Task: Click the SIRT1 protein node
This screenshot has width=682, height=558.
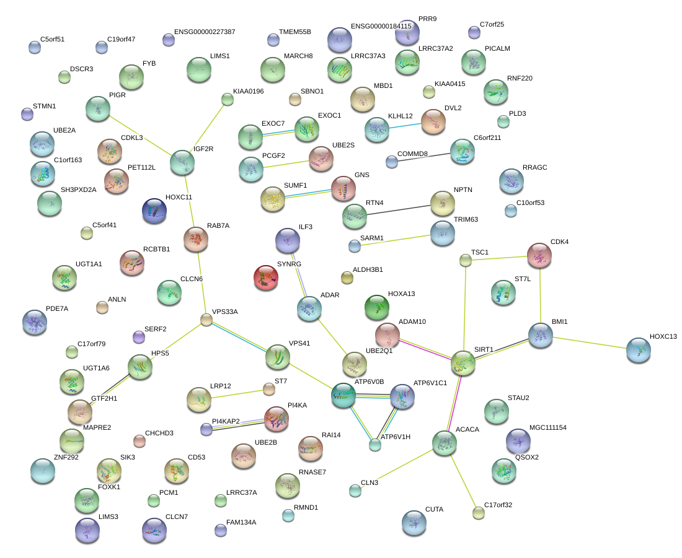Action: click(x=463, y=363)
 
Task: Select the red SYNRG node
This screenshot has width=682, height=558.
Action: click(x=266, y=277)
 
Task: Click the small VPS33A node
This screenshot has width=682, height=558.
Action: click(x=206, y=320)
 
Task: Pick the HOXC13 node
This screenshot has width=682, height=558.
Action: click(x=638, y=350)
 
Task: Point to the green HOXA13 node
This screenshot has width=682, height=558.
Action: click(x=376, y=307)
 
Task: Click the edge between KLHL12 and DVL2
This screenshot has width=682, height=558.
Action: click(x=405, y=125)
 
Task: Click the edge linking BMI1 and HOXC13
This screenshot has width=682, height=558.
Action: click(x=589, y=342)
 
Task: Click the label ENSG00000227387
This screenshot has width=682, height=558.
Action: click(x=204, y=32)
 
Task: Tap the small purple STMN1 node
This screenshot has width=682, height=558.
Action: click(x=27, y=114)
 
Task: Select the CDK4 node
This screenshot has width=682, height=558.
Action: click(x=539, y=255)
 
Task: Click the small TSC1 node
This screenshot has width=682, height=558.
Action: click(x=466, y=261)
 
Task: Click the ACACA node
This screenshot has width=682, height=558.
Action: click(x=445, y=443)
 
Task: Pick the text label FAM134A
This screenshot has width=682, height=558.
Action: click(x=241, y=523)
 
